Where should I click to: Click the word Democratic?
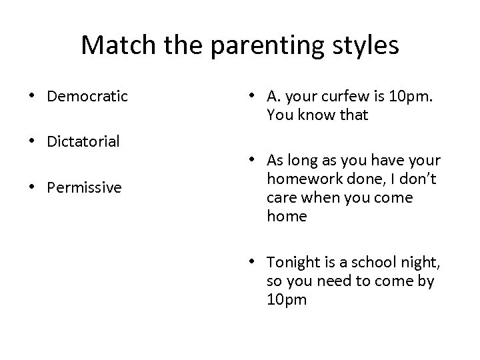(87, 96)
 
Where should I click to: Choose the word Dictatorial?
(83, 141)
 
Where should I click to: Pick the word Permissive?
(84, 187)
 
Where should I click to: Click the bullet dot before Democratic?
(33, 97)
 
